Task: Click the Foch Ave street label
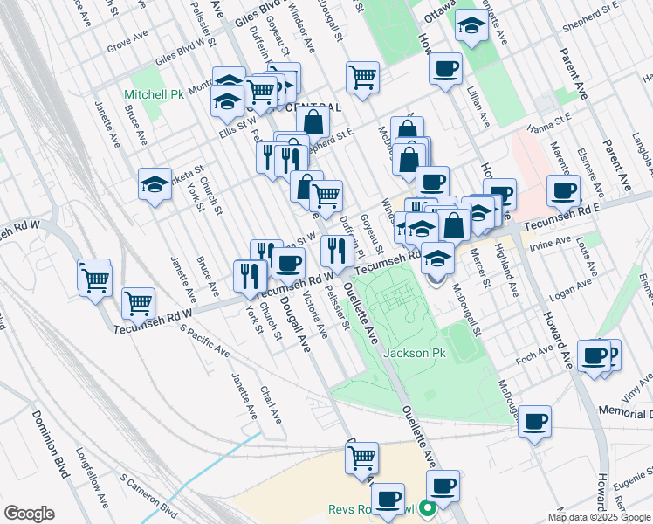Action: pos(535,352)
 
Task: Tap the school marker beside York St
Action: pos(155,184)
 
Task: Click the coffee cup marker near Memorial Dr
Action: pos(533,422)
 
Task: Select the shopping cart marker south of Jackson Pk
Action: pos(361,457)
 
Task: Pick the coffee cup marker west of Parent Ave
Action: pos(562,190)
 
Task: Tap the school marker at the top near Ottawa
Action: pos(471,26)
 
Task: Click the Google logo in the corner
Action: pos(29,513)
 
